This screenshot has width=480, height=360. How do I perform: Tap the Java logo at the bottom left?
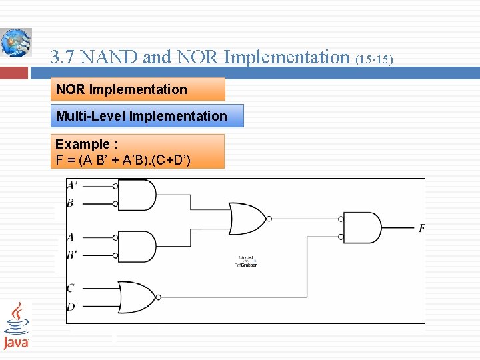(x=16, y=326)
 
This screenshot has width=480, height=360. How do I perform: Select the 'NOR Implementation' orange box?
(x=138, y=89)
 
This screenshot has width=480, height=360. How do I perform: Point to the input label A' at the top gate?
(x=72, y=186)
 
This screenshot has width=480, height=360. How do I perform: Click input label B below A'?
(x=70, y=203)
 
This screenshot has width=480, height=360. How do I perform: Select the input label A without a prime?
(x=70, y=237)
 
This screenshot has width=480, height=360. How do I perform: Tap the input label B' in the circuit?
(x=71, y=254)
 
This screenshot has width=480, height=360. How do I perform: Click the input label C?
(x=70, y=289)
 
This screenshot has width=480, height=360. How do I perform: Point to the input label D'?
(x=72, y=306)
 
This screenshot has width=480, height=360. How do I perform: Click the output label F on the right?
(x=421, y=229)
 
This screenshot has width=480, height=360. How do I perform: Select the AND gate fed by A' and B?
(x=139, y=195)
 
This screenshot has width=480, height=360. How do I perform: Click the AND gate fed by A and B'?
(x=139, y=246)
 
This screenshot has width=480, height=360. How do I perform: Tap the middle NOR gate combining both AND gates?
(x=247, y=219)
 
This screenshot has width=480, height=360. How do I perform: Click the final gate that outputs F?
(x=363, y=228)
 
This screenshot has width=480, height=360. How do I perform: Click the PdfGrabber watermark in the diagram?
(x=245, y=263)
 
